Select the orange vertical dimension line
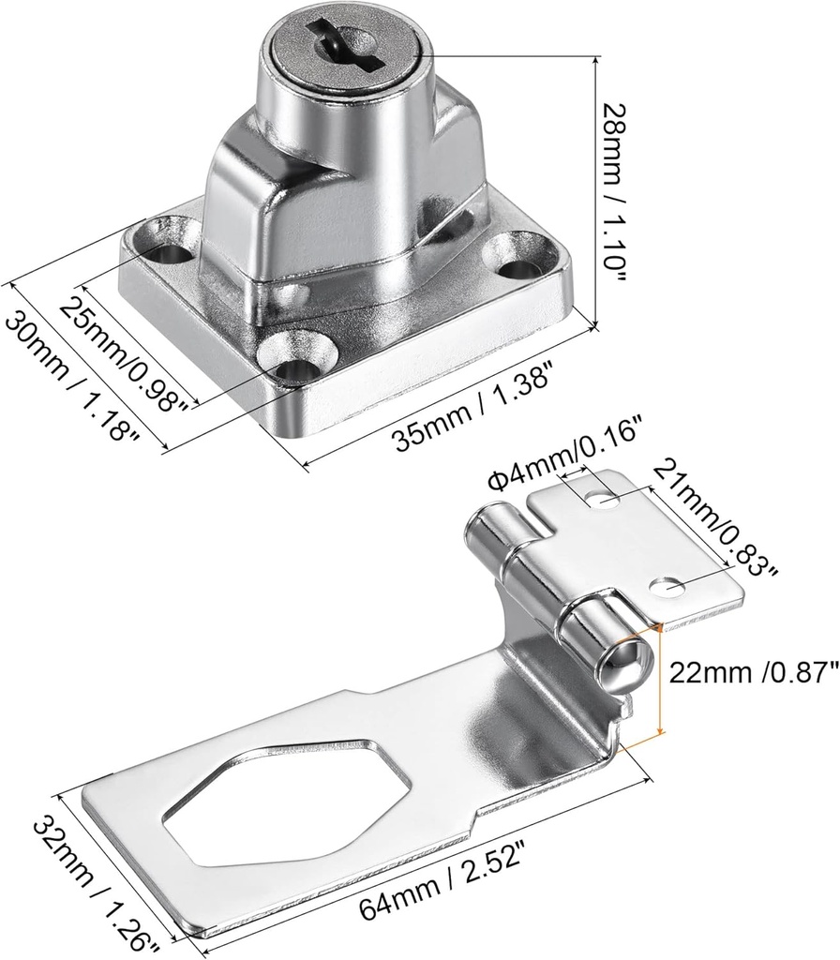662,679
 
